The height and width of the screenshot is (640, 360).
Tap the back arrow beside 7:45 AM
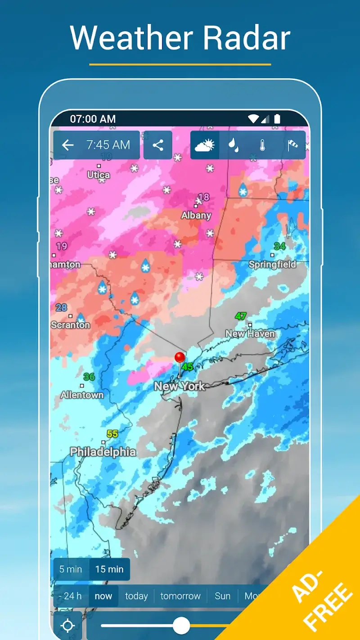pyautogui.click(x=68, y=145)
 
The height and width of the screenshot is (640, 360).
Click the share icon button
pyautogui.click(x=158, y=145)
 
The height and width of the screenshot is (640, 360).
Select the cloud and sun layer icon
pyautogui.click(x=205, y=145)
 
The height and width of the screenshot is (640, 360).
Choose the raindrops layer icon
pyautogui.click(x=233, y=145)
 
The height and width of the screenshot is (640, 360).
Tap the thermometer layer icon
pyautogui.click(x=262, y=145)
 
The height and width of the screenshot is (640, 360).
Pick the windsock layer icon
pyautogui.click(x=292, y=145)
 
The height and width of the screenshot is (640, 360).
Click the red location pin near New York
pyautogui.click(x=180, y=358)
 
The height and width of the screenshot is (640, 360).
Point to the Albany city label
pyautogui.click(x=196, y=216)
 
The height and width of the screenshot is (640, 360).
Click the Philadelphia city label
pyautogui.click(x=103, y=451)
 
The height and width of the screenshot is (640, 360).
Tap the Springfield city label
pyautogui.click(x=273, y=265)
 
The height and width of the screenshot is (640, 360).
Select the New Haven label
pyautogui.click(x=250, y=334)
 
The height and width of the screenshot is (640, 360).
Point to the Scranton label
pyautogui.click(x=71, y=325)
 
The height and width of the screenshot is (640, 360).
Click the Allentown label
pyautogui.click(x=82, y=395)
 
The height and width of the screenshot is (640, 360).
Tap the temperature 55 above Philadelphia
pyautogui.click(x=112, y=434)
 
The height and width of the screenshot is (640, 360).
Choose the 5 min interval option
pyautogui.click(x=71, y=569)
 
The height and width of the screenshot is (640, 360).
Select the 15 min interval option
pyautogui.click(x=109, y=569)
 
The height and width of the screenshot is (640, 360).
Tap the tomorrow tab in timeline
pyautogui.click(x=180, y=596)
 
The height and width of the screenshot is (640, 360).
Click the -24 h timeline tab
pyautogui.click(x=71, y=596)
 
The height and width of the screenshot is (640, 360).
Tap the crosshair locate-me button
pyautogui.click(x=68, y=626)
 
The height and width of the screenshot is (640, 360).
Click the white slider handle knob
pyautogui.click(x=181, y=626)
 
